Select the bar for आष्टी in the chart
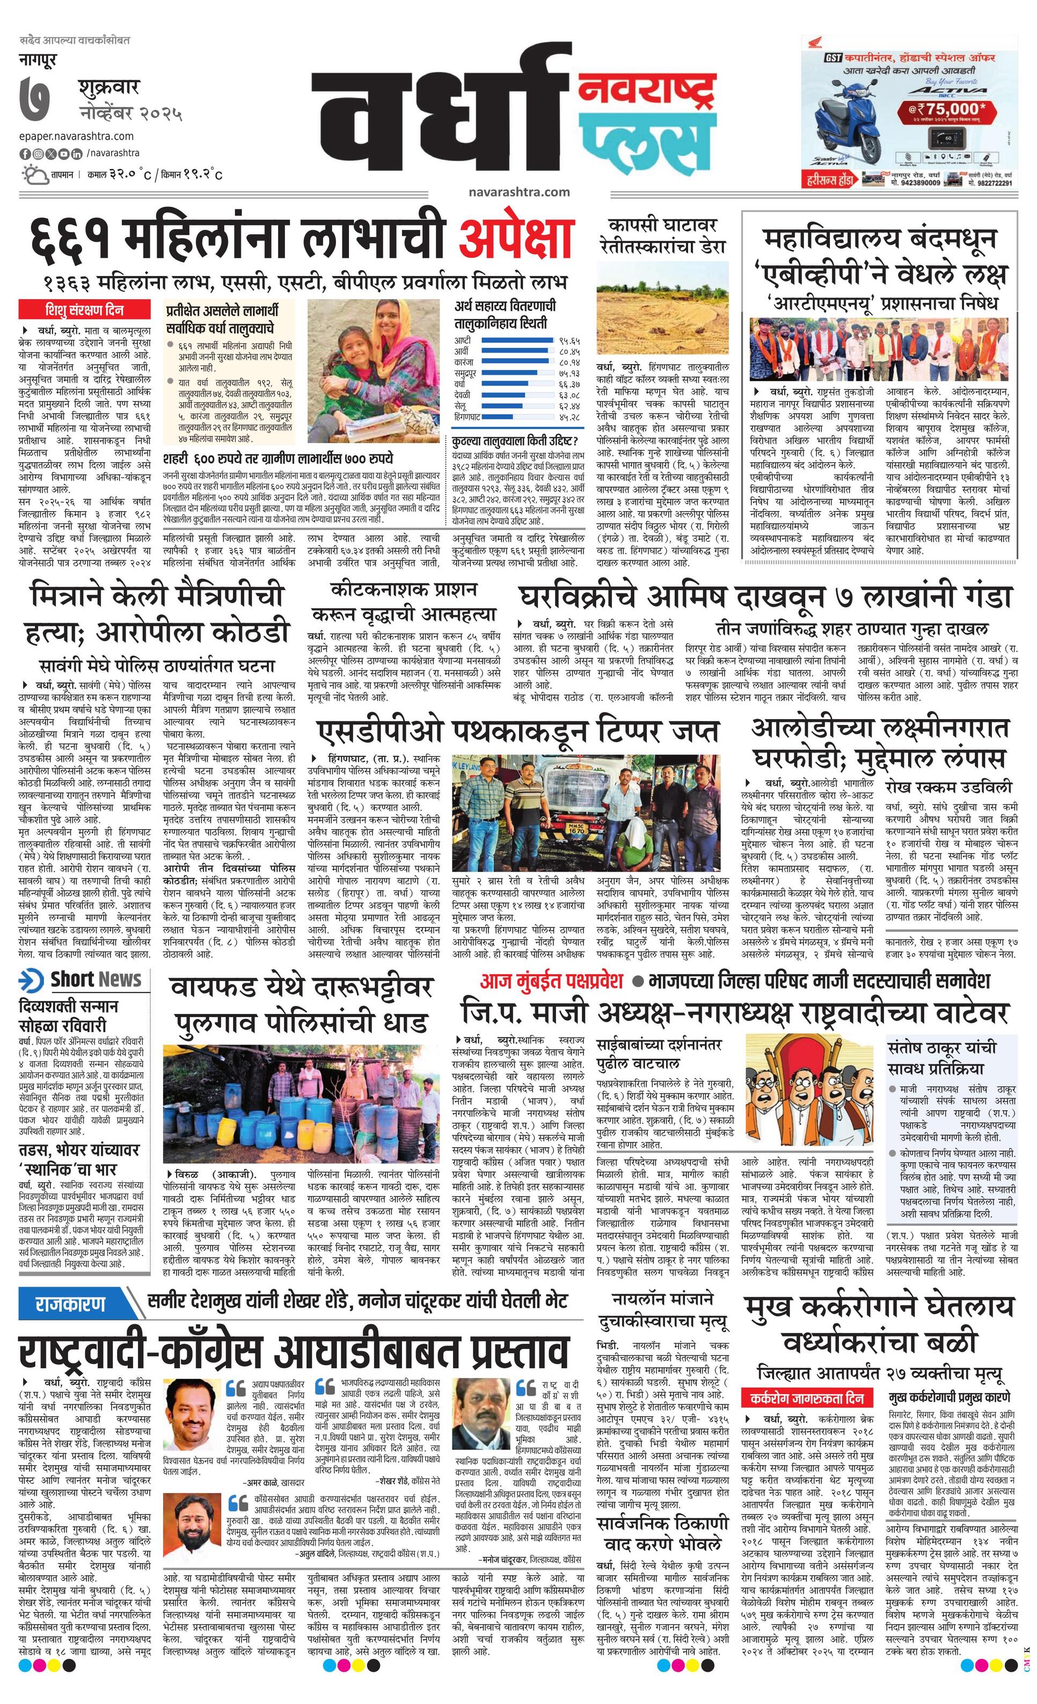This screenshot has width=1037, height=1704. [x=518, y=340]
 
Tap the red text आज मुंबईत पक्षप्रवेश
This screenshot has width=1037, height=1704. [x=551, y=980]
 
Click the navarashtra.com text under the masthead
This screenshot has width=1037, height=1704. [x=518, y=192]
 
